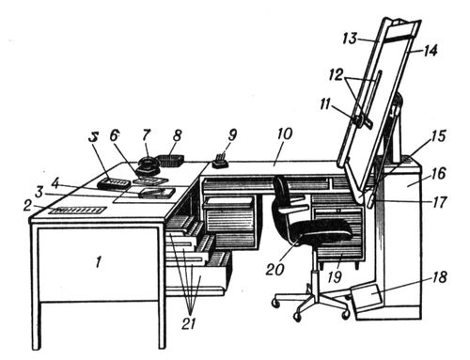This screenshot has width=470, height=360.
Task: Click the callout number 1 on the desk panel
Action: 99,262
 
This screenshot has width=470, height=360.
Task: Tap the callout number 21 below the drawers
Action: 189,323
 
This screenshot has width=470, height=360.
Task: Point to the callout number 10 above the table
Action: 285,133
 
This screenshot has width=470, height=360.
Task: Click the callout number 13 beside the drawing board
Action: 350,39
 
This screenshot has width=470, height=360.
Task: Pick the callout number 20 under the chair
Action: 274,269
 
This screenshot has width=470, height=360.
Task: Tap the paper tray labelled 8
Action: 170,161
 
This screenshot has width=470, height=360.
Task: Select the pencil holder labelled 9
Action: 221,162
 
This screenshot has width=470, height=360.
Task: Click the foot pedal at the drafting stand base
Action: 367,299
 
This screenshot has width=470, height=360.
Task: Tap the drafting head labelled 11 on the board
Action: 360,119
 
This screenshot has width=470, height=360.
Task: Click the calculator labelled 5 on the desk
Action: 114,183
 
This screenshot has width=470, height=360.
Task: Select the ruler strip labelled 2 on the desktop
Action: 80,210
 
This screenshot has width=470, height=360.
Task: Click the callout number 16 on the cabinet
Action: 438,174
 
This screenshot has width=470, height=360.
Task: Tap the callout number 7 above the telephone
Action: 146,135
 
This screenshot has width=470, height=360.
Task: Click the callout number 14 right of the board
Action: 430,51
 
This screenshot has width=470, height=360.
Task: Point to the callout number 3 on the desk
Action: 39,193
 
